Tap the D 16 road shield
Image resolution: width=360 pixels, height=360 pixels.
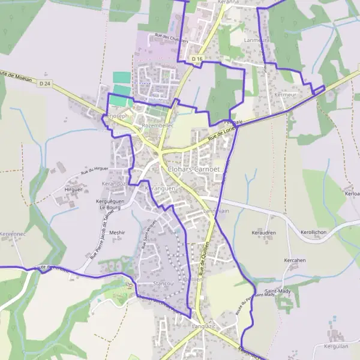point(198,58)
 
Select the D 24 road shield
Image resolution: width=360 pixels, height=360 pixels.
point(44,83)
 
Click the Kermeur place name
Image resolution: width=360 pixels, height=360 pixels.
point(285,95)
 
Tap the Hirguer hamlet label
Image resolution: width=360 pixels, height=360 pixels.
point(73,190)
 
